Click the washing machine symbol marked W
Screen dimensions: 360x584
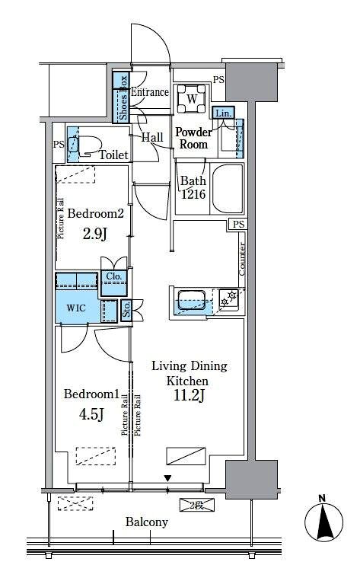click(x=192, y=99)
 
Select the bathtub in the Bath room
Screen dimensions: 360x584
click(x=227, y=188)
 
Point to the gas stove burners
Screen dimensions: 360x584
click(x=228, y=298)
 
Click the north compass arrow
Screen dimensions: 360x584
click(x=324, y=521)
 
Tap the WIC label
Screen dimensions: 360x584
click(x=76, y=308)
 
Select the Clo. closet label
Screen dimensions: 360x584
click(x=114, y=276)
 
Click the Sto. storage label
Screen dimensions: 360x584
click(x=126, y=309)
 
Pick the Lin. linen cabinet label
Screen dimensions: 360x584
click(x=223, y=113)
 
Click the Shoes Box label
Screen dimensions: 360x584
click(x=123, y=97)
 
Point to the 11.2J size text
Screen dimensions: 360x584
click(x=189, y=395)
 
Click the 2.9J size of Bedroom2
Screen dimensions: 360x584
click(x=95, y=234)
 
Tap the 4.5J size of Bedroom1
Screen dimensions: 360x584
click(x=91, y=414)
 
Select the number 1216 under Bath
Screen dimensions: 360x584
click(x=193, y=194)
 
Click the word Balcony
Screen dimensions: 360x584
click(x=146, y=522)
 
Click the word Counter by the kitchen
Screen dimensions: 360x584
click(x=242, y=259)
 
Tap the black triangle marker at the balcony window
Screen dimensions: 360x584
click(x=168, y=478)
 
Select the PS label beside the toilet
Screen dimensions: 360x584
click(x=59, y=144)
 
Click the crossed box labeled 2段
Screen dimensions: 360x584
click(x=197, y=505)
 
